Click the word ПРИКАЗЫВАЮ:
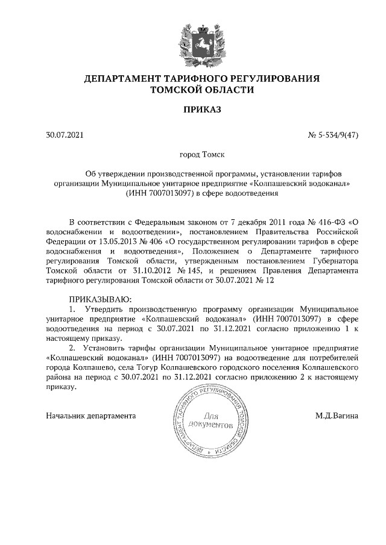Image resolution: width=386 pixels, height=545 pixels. pos(100,299)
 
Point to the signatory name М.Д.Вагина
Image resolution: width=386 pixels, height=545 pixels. pos(337,416)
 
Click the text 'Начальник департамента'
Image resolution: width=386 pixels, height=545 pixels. pos(91,416)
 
